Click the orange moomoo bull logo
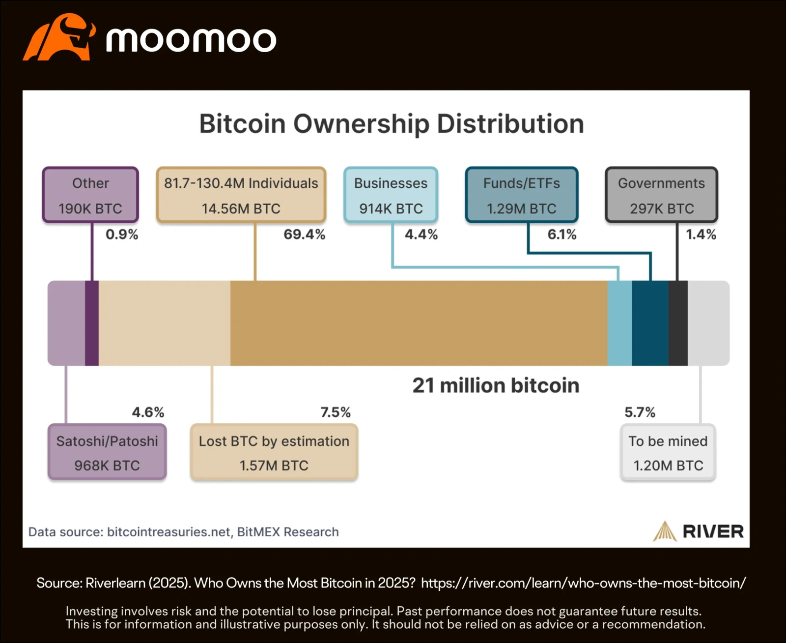tap(58, 37)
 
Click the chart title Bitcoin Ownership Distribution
tap(392, 123)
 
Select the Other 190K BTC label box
tap(90, 195)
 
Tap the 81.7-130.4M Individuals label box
tap(241, 195)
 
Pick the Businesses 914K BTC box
tap(391, 195)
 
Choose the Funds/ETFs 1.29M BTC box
tap(521, 195)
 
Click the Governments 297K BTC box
tap(661, 195)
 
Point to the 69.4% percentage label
tap(304, 234)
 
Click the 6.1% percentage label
tap(561, 234)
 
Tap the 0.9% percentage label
tap(122, 234)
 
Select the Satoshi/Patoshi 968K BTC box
tap(107, 452)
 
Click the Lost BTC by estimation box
tap(274, 452)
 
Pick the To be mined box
tap(668, 452)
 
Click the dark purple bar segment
tap(92, 323)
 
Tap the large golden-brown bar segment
tap(419, 323)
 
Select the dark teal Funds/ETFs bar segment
tap(650, 323)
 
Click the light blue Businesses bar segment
tap(619, 323)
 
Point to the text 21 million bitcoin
tap(496, 385)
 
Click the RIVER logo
tap(698, 531)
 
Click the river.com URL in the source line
tap(583, 583)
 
